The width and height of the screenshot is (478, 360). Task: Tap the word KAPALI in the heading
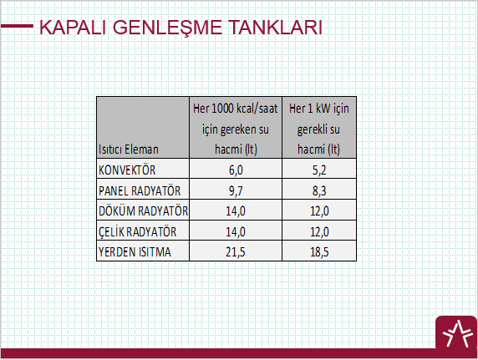pos(73,28)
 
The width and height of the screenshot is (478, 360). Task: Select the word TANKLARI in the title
pos(275,28)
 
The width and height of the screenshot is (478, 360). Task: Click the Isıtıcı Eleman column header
pos(129,150)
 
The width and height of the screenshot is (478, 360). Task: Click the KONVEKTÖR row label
pos(127,170)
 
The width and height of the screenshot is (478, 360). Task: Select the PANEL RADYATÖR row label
pos(140,190)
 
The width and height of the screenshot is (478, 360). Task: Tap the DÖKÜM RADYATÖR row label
pos(143,211)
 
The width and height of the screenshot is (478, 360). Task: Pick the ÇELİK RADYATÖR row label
pos(137,231)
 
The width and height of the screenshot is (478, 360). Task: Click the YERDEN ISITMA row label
pos(135,252)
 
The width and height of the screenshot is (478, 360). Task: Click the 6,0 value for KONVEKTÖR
pos(236,170)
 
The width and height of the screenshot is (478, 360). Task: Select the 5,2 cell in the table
pos(319,170)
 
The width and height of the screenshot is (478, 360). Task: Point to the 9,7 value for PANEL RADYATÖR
pos(236,191)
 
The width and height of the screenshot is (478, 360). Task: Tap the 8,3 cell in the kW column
pos(319,191)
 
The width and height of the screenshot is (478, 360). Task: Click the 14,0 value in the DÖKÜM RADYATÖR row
pos(236,211)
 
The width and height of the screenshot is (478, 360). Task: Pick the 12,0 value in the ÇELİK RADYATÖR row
pos(319,232)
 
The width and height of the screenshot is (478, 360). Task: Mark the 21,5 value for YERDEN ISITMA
pos(236,252)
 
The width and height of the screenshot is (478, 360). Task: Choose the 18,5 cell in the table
pos(319,252)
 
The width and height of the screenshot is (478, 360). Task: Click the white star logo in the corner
pos(456,334)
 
